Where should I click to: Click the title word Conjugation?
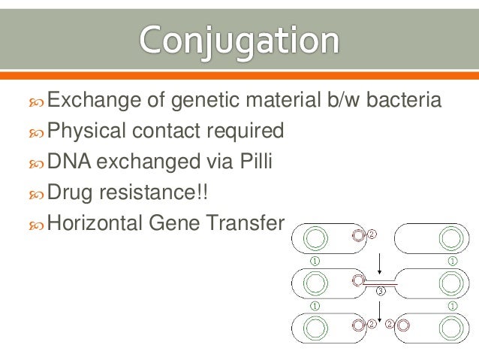[239, 39]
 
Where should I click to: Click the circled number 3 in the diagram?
[381, 291]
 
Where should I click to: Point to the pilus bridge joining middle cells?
[381, 282]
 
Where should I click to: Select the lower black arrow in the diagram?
[381, 310]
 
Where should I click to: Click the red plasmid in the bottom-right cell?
[403, 325]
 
